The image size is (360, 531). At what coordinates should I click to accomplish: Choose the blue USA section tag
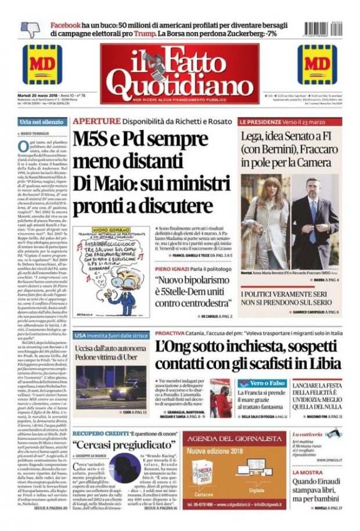(x=80, y=335)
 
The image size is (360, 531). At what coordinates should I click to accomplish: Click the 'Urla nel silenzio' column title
(x=41, y=121)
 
